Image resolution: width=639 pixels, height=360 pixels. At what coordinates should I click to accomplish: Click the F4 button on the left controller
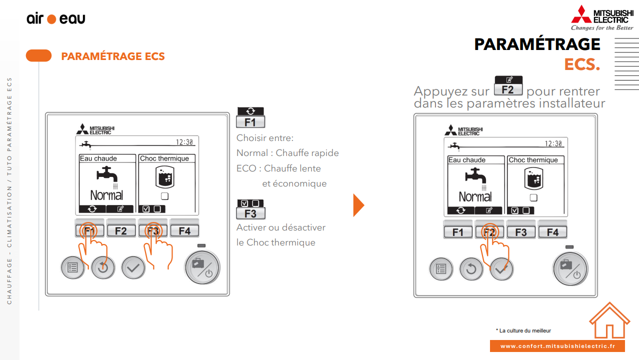pos(184,230)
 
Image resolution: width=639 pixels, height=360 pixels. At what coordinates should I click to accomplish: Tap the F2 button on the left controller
pos(121,230)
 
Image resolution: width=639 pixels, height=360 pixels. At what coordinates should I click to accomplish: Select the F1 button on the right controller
pos(458,232)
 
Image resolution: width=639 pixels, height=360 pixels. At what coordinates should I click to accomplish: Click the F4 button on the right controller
pos(552,232)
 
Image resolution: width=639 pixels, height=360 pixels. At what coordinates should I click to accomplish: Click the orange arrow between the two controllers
pos(358,205)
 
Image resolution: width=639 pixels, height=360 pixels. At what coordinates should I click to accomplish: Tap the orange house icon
pos(609,320)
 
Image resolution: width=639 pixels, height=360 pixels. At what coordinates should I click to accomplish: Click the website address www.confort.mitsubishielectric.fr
pos(557,346)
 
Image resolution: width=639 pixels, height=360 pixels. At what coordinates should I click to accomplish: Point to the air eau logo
pos(56,19)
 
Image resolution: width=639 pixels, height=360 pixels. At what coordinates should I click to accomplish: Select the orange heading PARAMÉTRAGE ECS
pos(113,56)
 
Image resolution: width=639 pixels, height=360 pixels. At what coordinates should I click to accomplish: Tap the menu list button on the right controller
pos(441,269)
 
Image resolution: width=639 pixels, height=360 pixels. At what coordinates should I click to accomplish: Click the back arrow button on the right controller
pos(471,269)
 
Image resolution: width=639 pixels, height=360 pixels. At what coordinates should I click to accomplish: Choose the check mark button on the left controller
pos(133,267)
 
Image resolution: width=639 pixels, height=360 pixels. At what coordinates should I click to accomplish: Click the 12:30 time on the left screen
pos(184,142)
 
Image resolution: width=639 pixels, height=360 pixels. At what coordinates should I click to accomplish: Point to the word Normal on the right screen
pos(475,196)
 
